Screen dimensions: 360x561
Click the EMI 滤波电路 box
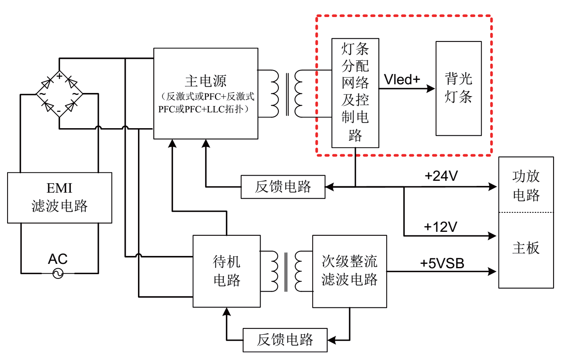pyautogui.click(x=59, y=197)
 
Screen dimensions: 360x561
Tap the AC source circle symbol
pyautogui.click(x=58, y=273)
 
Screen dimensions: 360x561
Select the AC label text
pyautogui.click(x=58, y=259)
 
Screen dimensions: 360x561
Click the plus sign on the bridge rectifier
pyautogui.click(x=59, y=76)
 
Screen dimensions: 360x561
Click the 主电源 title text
pyautogui.click(x=206, y=81)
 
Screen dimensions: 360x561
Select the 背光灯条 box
pyautogui.click(x=459, y=88)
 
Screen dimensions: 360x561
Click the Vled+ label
pyautogui.click(x=402, y=80)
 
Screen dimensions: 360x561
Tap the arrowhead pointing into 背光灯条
pyautogui.click(x=431, y=89)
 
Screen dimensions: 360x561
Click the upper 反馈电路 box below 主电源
pyautogui.click(x=283, y=187)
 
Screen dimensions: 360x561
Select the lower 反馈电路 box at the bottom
pyautogui.click(x=285, y=340)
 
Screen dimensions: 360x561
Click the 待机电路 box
pyautogui.click(x=227, y=271)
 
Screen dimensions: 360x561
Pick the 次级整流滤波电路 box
pyautogui.click(x=349, y=271)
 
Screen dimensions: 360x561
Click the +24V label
pyautogui.click(x=441, y=176)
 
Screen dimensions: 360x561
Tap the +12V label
pyautogui.click(x=440, y=227)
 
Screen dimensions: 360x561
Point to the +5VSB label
pyautogui.click(x=442, y=263)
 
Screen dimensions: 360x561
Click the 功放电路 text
pyautogui.click(x=526, y=185)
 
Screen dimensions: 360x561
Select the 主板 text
pyautogui.click(x=526, y=248)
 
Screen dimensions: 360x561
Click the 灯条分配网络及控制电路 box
pyautogui.click(x=355, y=93)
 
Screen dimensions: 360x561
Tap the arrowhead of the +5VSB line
pyautogui.click(x=493, y=271)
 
